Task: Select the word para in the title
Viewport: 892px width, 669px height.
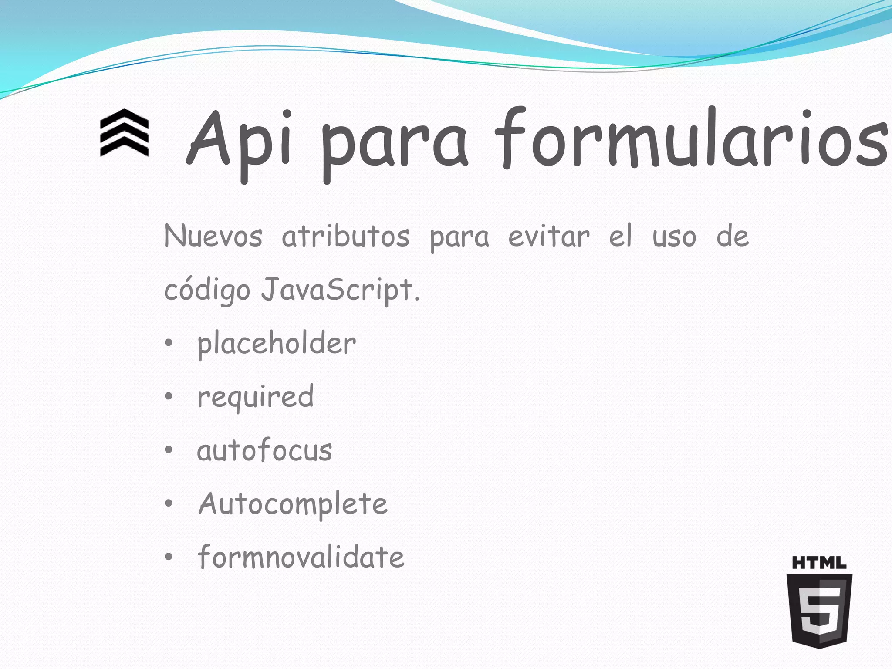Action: pyautogui.click(x=395, y=144)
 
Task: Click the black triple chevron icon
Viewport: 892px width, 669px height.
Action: pyautogui.click(x=124, y=132)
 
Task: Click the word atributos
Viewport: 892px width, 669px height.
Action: pyautogui.click(x=346, y=237)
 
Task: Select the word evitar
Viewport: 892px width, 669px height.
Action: pyautogui.click(x=549, y=237)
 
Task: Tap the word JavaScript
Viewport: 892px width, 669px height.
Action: pyautogui.click(x=340, y=290)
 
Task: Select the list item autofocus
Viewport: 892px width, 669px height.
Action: pyautogui.click(x=264, y=450)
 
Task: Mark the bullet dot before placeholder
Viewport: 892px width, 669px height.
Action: pyautogui.click(x=169, y=343)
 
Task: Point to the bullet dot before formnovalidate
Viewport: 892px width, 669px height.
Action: pyautogui.click(x=169, y=557)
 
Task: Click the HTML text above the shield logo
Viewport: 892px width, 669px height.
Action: pyautogui.click(x=819, y=563)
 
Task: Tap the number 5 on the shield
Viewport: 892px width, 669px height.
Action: pyautogui.click(x=820, y=610)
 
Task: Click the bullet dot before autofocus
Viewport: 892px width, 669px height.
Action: pyautogui.click(x=169, y=450)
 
